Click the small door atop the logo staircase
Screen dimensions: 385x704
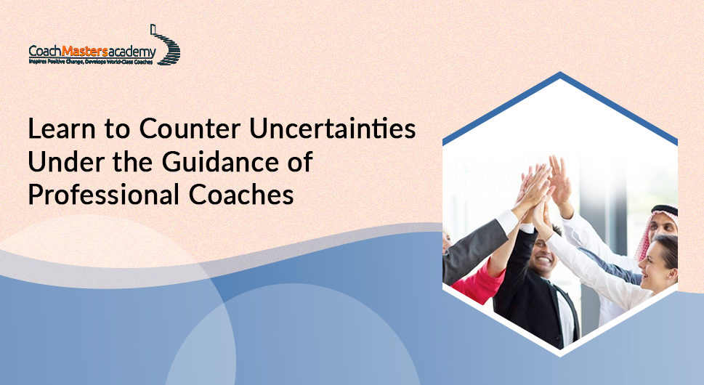(x=154, y=29)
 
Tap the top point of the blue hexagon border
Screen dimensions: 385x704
(x=560, y=73)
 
